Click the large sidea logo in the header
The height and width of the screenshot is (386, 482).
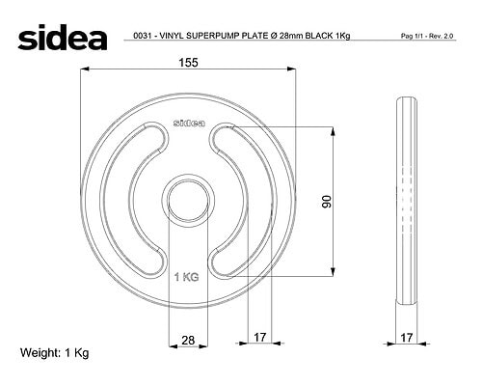(63, 38)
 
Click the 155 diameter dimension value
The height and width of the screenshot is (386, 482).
(188, 63)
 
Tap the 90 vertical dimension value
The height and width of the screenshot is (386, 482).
(327, 202)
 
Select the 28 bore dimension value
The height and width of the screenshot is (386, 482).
(188, 340)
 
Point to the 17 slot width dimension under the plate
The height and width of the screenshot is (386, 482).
(260, 337)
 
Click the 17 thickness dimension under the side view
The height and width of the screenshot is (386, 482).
(407, 338)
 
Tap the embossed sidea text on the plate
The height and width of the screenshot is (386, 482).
(189, 123)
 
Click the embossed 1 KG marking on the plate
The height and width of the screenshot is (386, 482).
(186, 277)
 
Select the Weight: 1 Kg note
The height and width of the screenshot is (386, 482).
(54, 353)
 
